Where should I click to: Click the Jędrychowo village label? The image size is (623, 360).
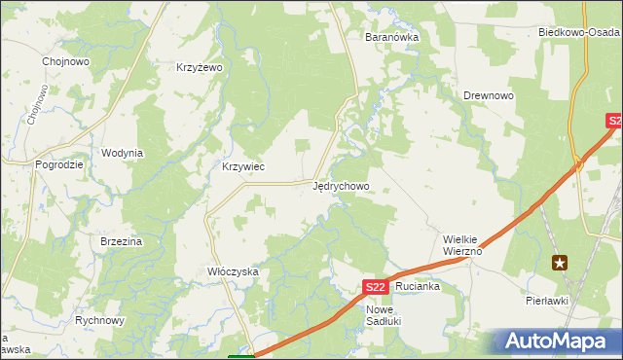coord(341,185)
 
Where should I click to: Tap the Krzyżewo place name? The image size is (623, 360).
coord(200,67)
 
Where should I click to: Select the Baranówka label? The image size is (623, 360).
coord(390,37)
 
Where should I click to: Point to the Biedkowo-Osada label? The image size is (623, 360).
coord(580,32)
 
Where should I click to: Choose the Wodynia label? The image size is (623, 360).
coord(123,153)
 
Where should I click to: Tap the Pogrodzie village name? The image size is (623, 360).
coord(59,165)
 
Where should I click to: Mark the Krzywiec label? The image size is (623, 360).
coord(243,166)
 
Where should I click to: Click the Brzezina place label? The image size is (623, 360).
coord(122,241)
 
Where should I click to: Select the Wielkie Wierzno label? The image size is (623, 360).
coord(463,243)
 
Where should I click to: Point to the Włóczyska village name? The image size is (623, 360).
coord(233,271)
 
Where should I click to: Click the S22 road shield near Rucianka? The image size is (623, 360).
coord(378,287)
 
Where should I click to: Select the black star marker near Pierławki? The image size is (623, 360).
coord(560,262)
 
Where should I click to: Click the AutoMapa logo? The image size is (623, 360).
coord(555,341)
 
